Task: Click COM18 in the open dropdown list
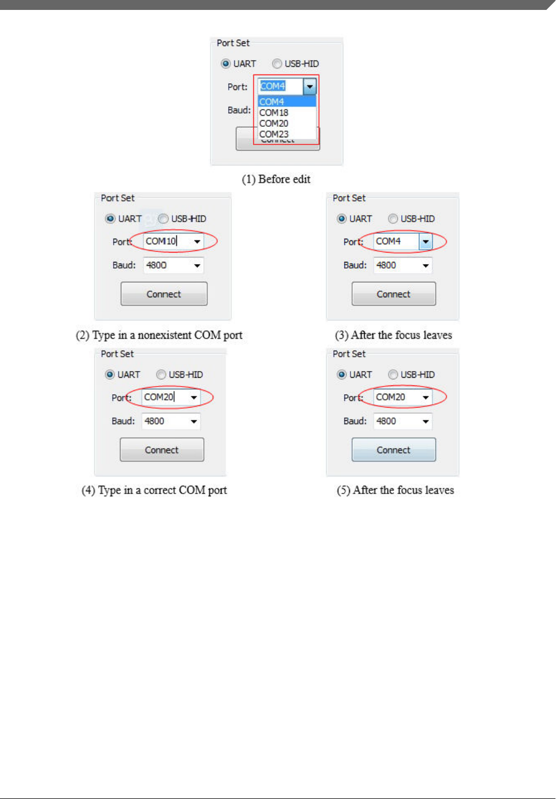coord(274,112)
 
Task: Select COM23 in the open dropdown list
coord(274,134)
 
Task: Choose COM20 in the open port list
coord(274,124)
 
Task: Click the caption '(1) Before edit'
coord(276,179)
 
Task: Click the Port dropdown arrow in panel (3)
coord(425,242)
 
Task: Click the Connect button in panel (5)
coord(393,450)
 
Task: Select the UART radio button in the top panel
coord(226,64)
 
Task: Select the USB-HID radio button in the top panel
coord(277,64)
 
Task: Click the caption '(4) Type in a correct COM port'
coord(154,490)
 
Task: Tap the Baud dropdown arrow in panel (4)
coord(194,421)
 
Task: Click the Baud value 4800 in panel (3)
coord(386,265)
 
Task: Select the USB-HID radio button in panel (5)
coord(393,375)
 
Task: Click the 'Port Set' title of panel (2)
coord(117,198)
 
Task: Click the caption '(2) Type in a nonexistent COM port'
coord(159,335)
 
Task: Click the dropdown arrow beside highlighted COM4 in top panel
coord(310,87)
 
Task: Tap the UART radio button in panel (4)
coord(110,375)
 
